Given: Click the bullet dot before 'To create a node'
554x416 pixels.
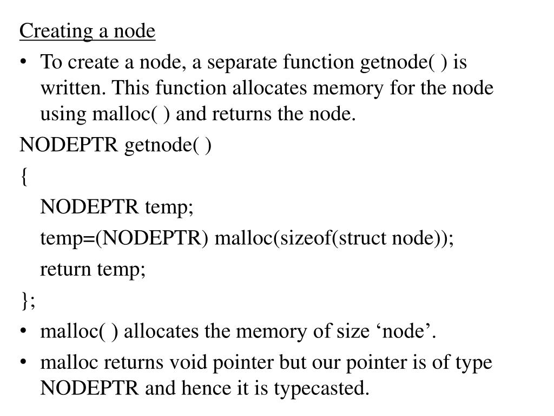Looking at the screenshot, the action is click(25, 63).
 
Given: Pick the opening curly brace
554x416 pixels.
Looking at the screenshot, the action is click(24, 176).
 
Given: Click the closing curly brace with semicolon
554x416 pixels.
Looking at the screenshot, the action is click(28, 301).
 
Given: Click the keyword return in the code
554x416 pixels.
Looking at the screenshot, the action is click(66, 269).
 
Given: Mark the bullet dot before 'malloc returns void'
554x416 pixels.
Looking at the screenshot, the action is click(25, 362).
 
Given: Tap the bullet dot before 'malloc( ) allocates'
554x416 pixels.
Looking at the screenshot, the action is click(25, 331).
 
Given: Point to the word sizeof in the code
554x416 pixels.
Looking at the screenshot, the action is click(305, 238).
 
